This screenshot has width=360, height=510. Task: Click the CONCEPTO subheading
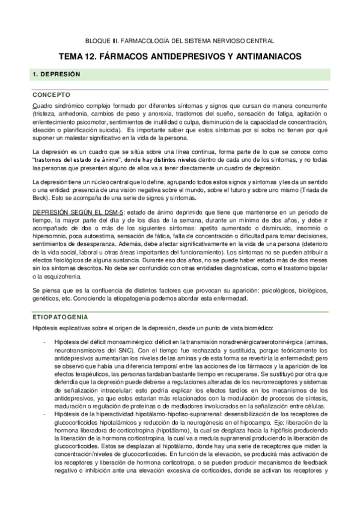point(52,94)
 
